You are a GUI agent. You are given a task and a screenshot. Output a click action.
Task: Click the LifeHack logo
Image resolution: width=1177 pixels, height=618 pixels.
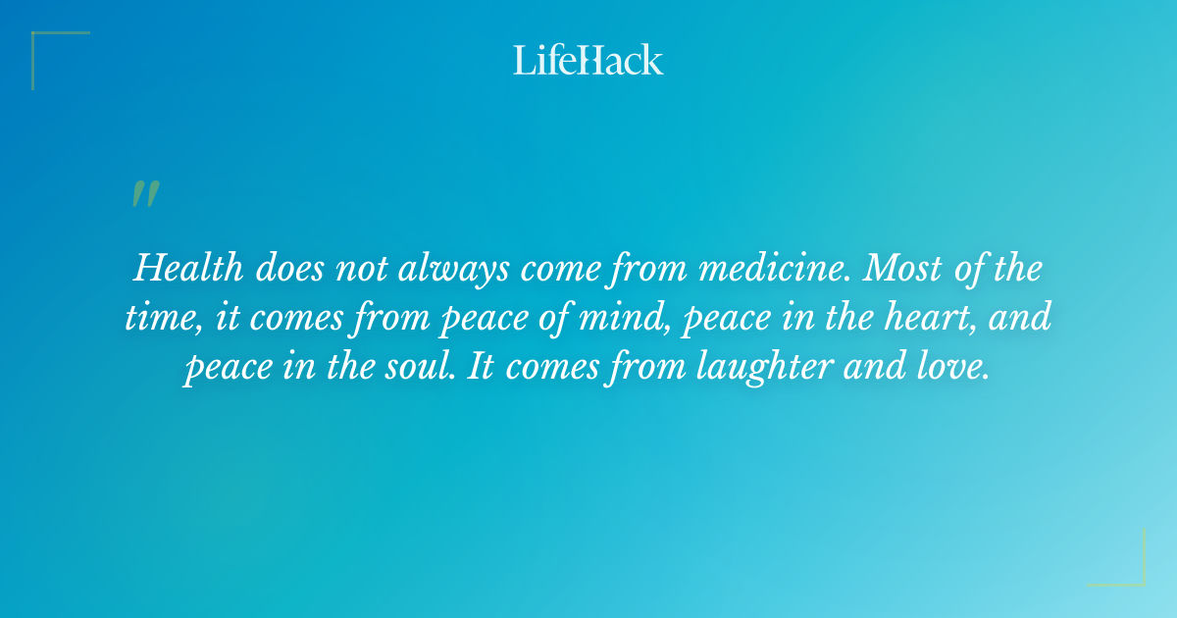click(x=588, y=60)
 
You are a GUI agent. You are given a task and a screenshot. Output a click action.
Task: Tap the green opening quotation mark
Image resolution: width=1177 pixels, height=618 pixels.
click(x=145, y=194)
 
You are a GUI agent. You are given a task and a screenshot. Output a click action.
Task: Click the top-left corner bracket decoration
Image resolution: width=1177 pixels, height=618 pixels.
click(x=44, y=44)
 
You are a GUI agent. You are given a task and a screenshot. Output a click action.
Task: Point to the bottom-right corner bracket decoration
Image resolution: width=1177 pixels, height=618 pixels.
click(x=1132, y=573)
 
